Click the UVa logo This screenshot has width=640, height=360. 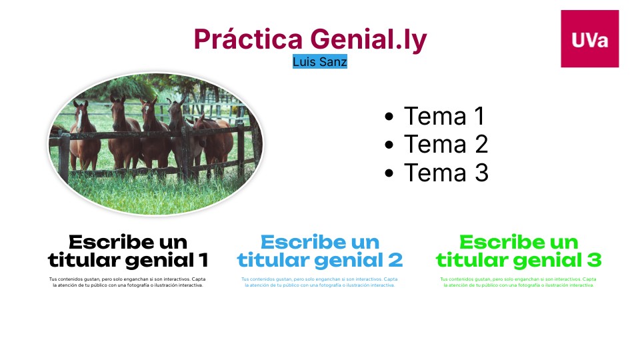(x=589, y=39)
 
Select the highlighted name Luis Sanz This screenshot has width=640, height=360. (x=320, y=62)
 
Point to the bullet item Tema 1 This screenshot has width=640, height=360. (x=444, y=116)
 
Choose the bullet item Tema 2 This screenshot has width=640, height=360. (x=446, y=144)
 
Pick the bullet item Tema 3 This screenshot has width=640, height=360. (x=446, y=173)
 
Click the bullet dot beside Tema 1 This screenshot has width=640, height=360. (x=390, y=117)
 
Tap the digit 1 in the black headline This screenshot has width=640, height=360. (x=203, y=259)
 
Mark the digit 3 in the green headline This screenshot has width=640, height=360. (x=595, y=259)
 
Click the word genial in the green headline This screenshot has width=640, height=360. (x=551, y=259)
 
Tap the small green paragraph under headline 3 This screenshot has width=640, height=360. (x=519, y=282)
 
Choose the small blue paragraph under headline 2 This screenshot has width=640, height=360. (x=320, y=282)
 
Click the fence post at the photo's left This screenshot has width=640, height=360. (x=64, y=153)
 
